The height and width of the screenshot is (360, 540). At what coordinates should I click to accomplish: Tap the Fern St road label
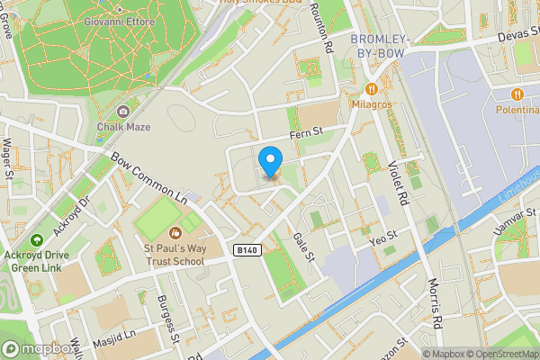[x=305, y=134]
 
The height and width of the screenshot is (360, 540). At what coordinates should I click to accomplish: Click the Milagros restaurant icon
[x=370, y=89]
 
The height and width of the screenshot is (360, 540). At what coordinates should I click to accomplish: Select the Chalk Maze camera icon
[x=122, y=111]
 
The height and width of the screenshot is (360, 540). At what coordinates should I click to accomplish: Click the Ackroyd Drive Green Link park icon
[x=37, y=240]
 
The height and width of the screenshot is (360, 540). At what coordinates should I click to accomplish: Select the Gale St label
[x=302, y=246]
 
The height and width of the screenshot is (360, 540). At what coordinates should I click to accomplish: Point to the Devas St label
[x=517, y=34]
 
